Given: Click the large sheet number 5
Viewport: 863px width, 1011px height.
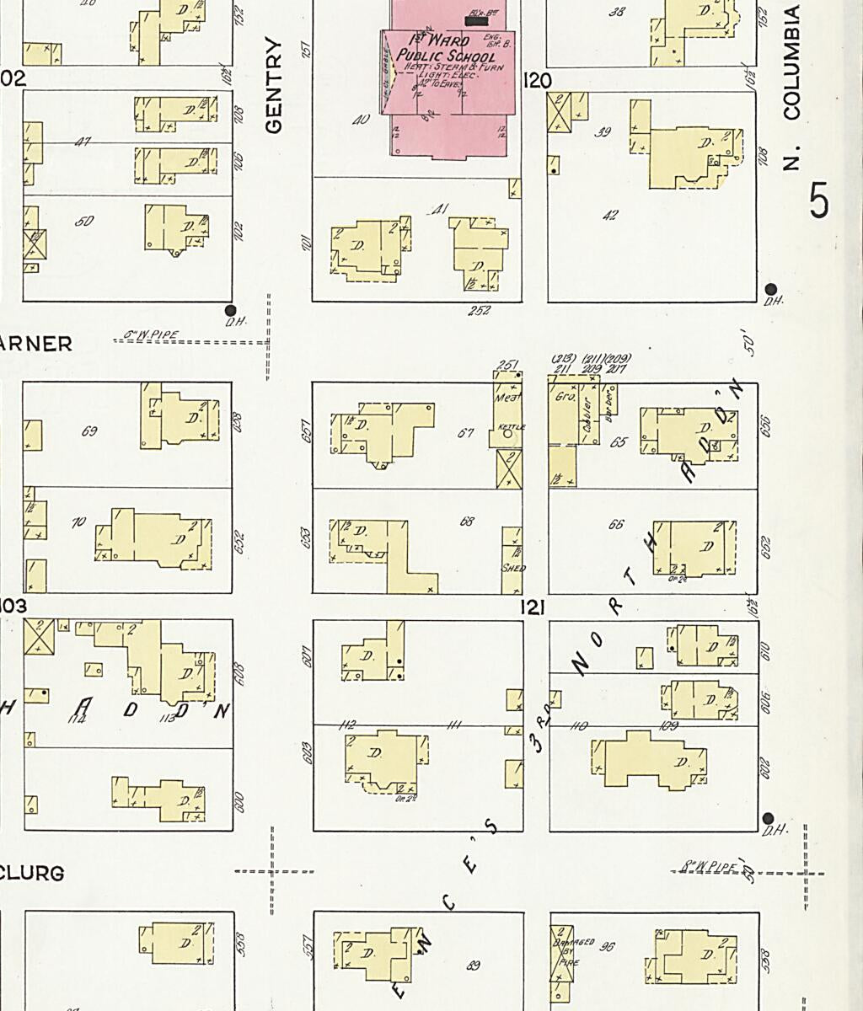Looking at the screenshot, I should (818, 201).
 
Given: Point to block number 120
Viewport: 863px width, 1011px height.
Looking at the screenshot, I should (537, 81).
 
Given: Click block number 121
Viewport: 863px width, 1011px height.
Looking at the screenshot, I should (533, 607).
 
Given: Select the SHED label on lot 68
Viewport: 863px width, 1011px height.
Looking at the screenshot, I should (513, 568).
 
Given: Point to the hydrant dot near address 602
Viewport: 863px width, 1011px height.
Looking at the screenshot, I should (768, 819).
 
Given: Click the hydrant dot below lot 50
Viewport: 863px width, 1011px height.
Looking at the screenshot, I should (231, 310).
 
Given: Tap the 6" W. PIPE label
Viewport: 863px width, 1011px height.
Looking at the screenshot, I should (152, 335).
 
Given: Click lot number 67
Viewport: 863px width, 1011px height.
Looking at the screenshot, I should (465, 433).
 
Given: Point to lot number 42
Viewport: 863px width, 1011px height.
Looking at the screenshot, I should (610, 216).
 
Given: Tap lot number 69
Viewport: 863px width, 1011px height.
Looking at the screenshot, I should (89, 432).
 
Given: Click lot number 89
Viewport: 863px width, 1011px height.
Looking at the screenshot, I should (474, 966).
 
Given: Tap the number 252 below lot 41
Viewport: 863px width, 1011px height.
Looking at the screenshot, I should (480, 311).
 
